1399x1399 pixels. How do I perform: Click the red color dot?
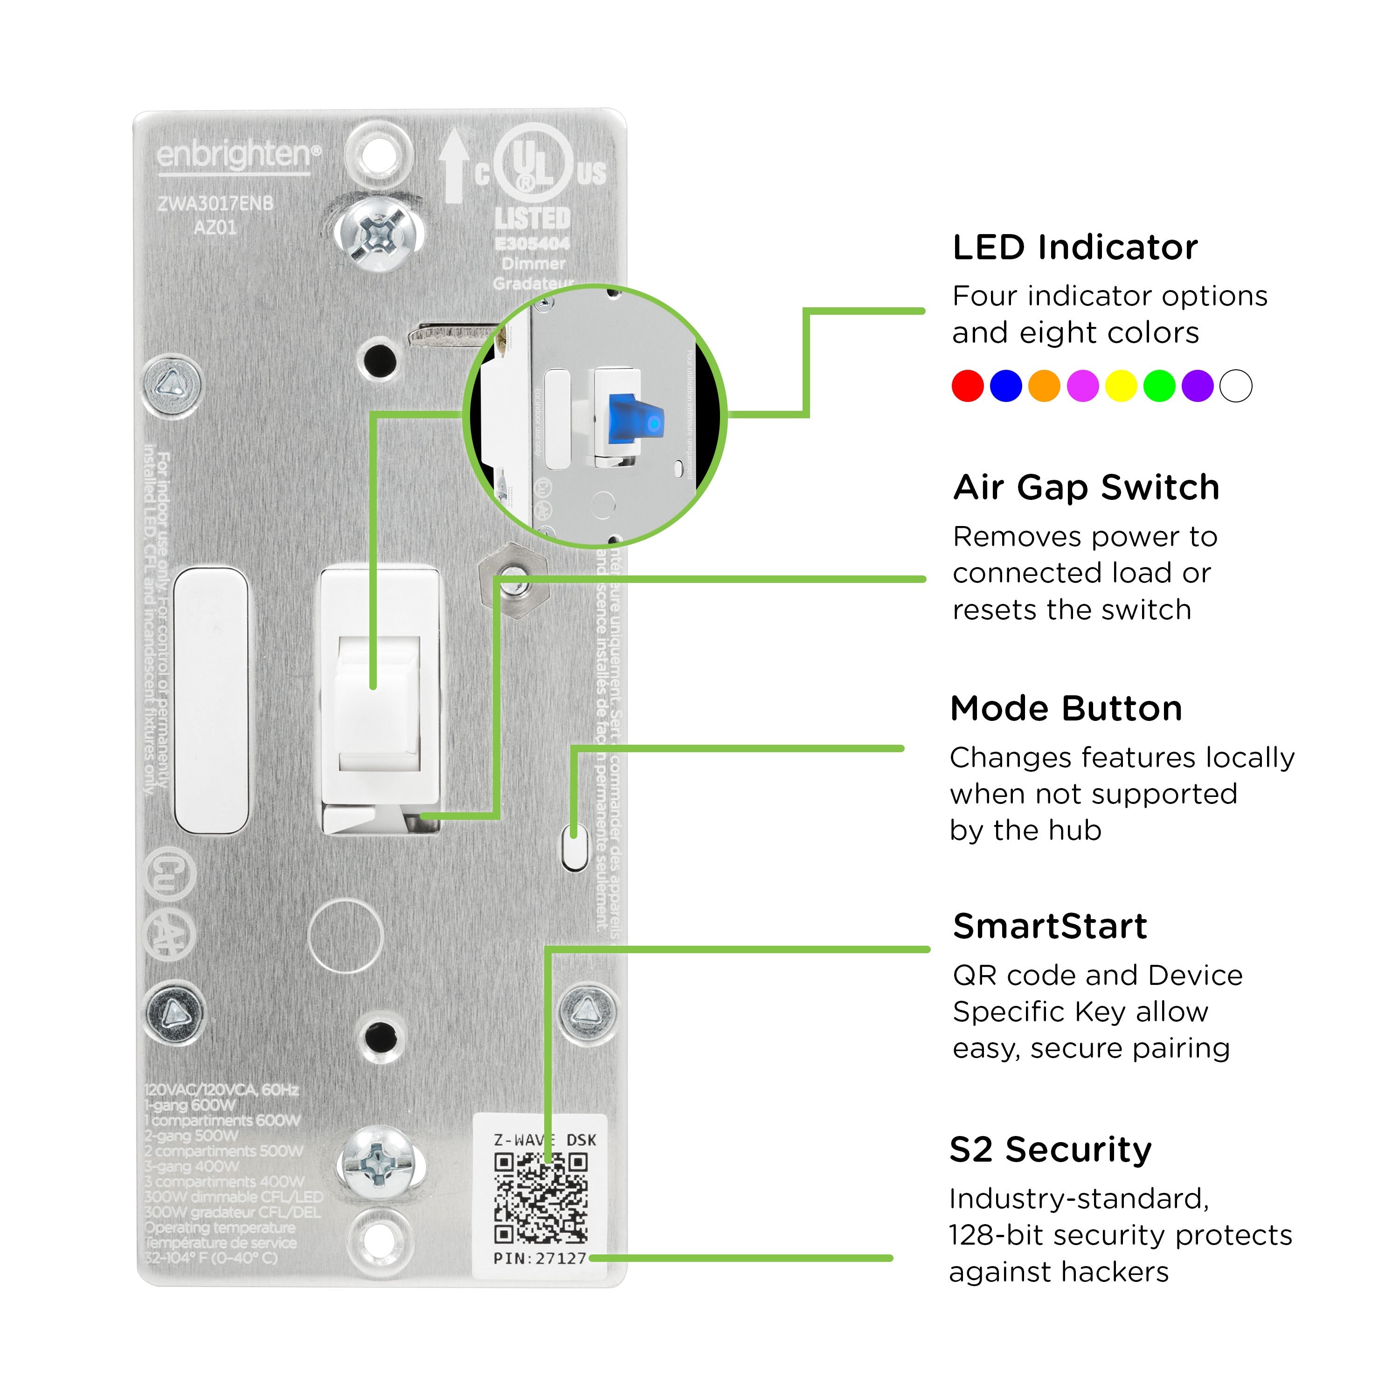coord(968,386)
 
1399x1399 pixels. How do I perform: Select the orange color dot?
coord(1044,386)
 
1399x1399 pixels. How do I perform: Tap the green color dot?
coord(1159,386)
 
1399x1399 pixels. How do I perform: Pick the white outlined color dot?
coord(1236,386)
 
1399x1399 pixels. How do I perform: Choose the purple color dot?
coord(1198,386)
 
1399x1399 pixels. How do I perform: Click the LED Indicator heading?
coord(1074,248)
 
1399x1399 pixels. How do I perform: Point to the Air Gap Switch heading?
coord(1086,487)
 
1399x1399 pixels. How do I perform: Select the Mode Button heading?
coord(1066,708)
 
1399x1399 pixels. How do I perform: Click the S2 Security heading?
coord(1050,1150)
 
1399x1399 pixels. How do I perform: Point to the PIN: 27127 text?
coord(540,1259)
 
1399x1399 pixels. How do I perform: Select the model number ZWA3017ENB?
coord(216,203)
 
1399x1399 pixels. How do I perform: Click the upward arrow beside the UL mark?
coord(454,165)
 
